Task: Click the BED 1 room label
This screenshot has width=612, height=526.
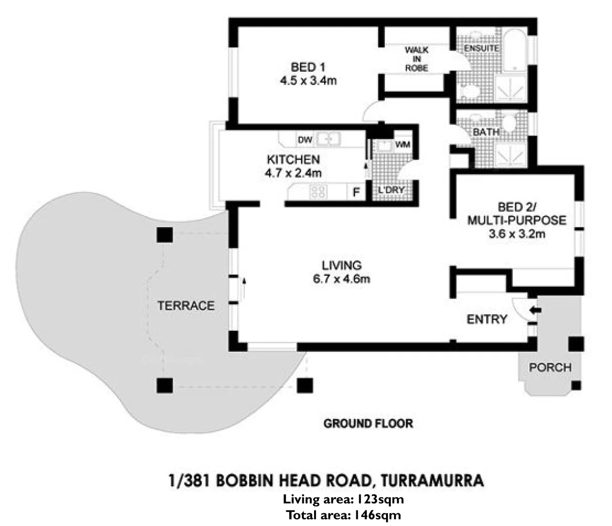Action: (308, 67)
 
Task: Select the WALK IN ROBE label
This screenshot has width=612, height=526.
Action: (416, 59)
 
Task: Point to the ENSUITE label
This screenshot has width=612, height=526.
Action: (481, 48)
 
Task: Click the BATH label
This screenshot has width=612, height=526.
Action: (486, 132)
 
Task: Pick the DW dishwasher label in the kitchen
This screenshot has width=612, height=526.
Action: (304, 140)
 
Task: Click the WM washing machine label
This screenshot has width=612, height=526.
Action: (403, 144)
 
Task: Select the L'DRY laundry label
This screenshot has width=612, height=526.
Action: (391, 190)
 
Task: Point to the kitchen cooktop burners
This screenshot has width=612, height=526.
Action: (318, 191)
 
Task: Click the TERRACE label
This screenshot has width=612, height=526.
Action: (185, 306)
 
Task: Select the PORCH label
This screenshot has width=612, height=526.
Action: (550, 367)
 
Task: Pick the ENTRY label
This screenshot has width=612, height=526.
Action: (487, 319)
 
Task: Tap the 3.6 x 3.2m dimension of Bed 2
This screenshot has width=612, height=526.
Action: (517, 234)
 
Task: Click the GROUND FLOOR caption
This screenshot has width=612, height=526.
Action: (368, 423)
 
